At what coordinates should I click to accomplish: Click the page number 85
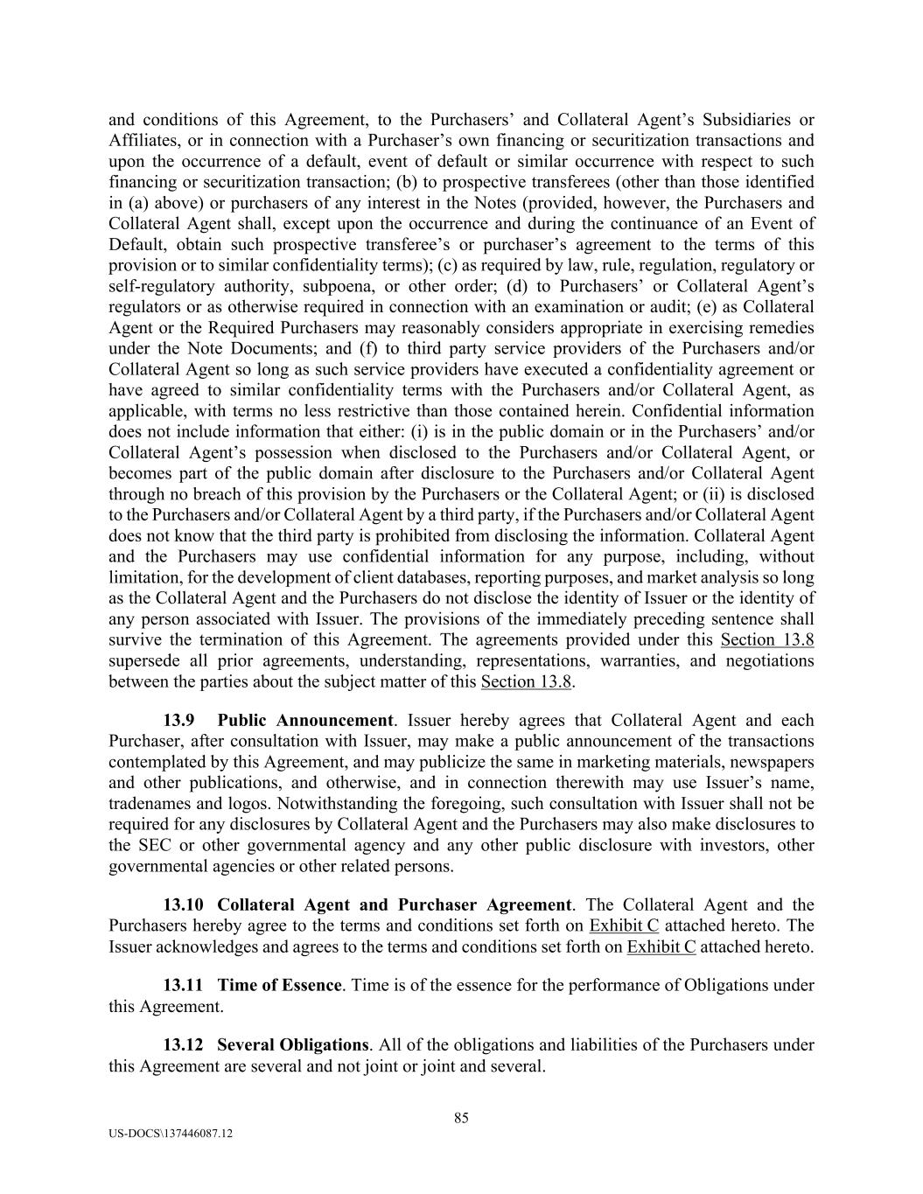tap(462, 1117)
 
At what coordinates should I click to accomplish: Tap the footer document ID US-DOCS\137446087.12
tap(171, 1134)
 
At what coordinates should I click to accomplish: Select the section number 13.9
tap(178, 720)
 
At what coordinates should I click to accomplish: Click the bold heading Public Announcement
tap(305, 720)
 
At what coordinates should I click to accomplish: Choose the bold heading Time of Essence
tap(279, 985)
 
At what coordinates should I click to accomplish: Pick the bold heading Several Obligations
tap(292, 1044)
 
